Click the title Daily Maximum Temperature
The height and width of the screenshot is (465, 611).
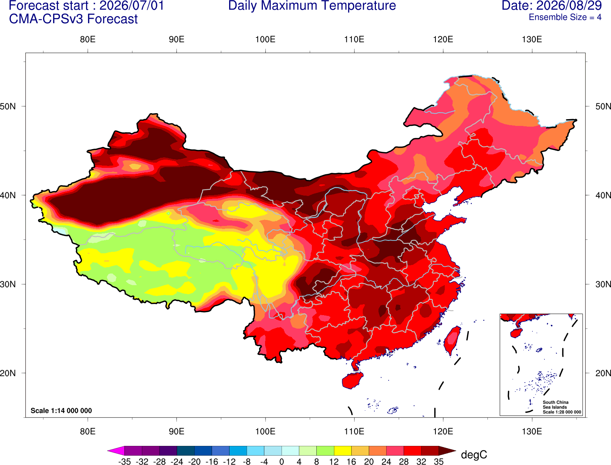click(x=312, y=6)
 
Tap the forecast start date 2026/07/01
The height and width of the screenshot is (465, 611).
click(x=132, y=6)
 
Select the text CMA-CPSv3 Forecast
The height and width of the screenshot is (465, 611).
click(x=73, y=19)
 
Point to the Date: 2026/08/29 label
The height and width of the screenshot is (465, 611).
click(x=551, y=6)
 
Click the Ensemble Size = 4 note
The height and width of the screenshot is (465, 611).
click(x=565, y=17)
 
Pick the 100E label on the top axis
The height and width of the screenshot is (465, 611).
click(x=265, y=39)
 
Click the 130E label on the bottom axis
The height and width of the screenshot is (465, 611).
click(x=532, y=432)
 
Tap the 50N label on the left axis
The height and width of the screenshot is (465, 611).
click(x=8, y=106)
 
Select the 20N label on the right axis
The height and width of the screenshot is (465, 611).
click(x=603, y=373)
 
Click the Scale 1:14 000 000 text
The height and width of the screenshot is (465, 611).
click(x=61, y=411)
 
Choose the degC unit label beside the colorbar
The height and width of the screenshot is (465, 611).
click(x=474, y=455)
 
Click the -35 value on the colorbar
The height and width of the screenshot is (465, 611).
click(x=124, y=462)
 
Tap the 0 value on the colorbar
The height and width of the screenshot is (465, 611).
click(x=282, y=462)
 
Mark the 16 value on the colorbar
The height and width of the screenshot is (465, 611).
click(x=351, y=462)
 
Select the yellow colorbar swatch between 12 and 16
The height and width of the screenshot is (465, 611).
click(x=343, y=450)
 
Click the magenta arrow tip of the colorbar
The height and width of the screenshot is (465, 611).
click(x=108, y=450)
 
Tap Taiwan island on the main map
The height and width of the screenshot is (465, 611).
click(x=452, y=341)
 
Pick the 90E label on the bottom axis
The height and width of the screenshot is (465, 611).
click(x=176, y=432)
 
